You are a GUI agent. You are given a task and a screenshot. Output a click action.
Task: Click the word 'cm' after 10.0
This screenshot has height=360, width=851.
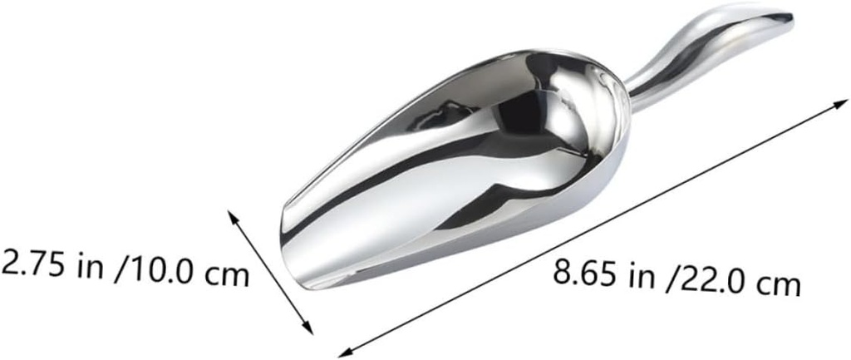(x=227, y=275)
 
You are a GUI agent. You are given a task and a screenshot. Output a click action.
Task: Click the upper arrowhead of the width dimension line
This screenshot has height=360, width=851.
(x=233, y=215)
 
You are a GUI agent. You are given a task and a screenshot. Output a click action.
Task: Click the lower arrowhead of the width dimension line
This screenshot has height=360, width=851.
(x=308, y=328)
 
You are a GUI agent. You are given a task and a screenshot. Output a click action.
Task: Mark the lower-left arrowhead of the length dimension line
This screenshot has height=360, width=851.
(x=345, y=351)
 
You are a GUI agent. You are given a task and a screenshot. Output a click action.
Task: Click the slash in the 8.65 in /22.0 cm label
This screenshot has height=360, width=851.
(x=671, y=279)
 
